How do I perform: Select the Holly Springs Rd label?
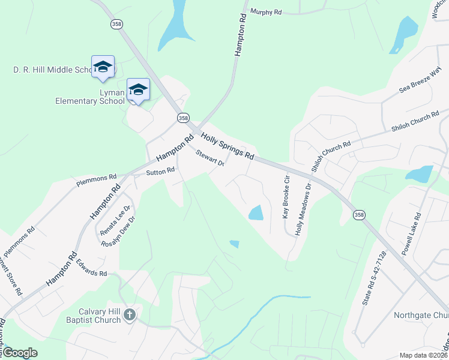pyautogui.click(x=228, y=147)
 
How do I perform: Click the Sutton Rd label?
pyautogui.click(x=160, y=171)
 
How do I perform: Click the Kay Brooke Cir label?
pyautogui.click(x=287, y=196)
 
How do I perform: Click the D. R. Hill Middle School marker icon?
pyautogui.click(x=103, y=67)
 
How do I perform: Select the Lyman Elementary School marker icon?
pyautogui.click(x=139, y=89)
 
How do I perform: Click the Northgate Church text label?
pyautogui.click(x=421, y=316)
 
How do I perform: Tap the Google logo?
pyautogui.click(x=20, y=353)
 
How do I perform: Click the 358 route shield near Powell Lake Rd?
pyautogui.click(x=359, y=215)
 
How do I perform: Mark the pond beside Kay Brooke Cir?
pyautogui.click(x=255, y=212)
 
